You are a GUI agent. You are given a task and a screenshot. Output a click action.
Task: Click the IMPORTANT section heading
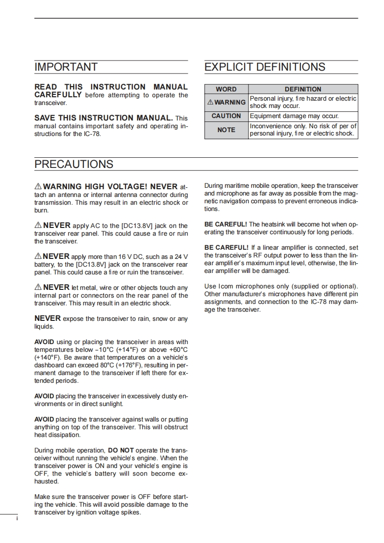66,67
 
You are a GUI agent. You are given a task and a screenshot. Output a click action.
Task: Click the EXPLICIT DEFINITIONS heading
265,67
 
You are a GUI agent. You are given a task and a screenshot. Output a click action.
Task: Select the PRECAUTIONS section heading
74,164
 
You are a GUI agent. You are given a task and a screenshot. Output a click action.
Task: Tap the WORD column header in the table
226,89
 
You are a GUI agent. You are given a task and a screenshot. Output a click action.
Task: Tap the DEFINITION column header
303,89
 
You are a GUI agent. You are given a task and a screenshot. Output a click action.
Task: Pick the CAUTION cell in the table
226,116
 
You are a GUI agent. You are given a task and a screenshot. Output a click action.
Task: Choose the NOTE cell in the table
226,130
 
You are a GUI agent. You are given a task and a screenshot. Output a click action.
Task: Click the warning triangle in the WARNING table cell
210,103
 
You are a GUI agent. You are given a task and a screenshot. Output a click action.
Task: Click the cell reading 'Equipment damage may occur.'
294,116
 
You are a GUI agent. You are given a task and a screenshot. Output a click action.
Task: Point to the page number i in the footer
17,518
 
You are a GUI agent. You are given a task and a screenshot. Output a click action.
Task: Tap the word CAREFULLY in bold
58,95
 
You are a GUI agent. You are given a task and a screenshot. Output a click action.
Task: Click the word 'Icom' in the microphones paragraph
226,287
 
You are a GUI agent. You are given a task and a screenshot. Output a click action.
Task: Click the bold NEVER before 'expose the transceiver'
47,318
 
